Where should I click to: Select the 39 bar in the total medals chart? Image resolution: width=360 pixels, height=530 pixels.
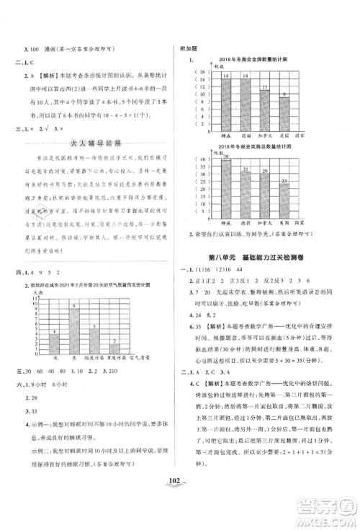[x=226, y=180]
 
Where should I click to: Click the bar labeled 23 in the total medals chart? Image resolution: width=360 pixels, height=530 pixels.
[x=285, y=192]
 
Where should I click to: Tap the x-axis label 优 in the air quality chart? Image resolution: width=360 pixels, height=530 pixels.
[x=54, y=356]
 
